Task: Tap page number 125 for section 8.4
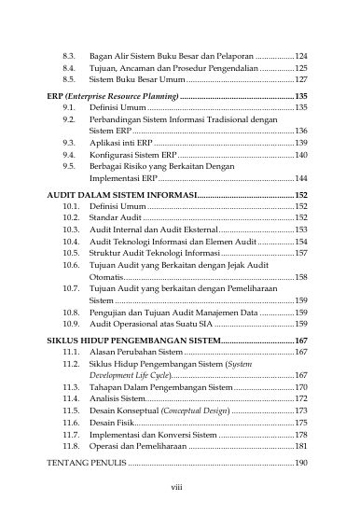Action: pos(301,68)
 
